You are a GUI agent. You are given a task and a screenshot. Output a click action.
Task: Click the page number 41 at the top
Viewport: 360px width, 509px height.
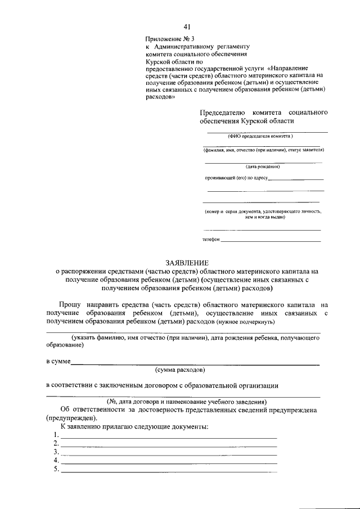tap(187, 26)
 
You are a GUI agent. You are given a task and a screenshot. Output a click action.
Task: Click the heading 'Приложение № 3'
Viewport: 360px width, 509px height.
tap(166, 38)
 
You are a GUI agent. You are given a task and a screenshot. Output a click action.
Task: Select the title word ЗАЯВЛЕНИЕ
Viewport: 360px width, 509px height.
tap(187, 263)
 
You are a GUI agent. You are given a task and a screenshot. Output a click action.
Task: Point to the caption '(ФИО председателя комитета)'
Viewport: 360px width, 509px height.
tap(260, 137)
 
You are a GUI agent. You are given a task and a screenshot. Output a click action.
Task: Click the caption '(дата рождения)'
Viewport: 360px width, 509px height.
tap(263, 167)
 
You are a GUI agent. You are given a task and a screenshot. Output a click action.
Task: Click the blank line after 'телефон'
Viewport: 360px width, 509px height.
tap(271, 240)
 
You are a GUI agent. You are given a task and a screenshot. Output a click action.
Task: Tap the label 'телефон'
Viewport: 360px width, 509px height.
tap(211, 240)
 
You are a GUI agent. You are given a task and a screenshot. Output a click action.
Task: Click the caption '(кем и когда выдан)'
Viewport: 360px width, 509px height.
tap(262, 217)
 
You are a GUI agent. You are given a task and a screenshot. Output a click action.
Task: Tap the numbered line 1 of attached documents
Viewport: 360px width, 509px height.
tap(168, 436)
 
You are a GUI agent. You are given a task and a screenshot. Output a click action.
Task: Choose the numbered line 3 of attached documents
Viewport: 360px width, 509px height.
tap(168, 453)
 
